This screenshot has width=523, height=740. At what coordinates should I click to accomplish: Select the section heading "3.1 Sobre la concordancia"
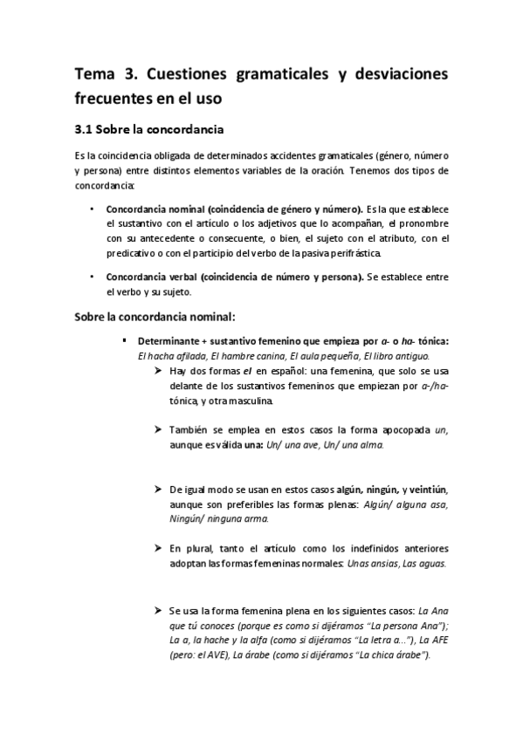click(x=150, y=130)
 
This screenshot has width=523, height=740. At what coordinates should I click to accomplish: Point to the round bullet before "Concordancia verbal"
click(x=92, y=277)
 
